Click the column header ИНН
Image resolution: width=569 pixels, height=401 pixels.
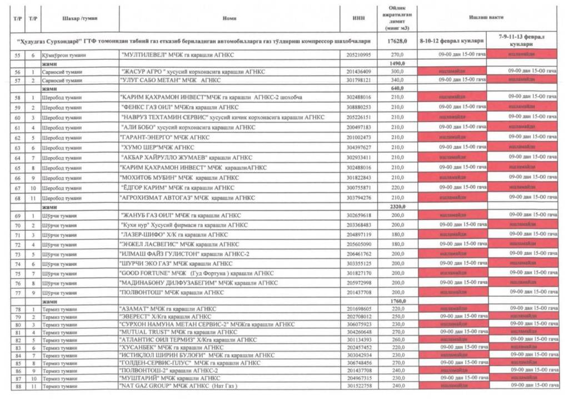pyautogui.click(x=358, y=18)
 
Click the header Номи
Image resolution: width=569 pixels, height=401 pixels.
pyautogui.click(x=229, y=18)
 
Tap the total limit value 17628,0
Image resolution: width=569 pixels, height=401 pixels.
pyautogui.click(x=397, y=42)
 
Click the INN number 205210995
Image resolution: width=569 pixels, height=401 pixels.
pyautogui.click(x=358, y=55)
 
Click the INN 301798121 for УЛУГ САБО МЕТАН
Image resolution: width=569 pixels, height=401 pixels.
pyautogui.click(x=358, y=80)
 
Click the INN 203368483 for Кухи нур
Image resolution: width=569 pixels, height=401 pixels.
pyautogui.click(x=358, y=225)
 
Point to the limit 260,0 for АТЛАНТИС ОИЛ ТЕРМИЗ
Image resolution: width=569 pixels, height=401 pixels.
pyautogui.click(x=397, y=339)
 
